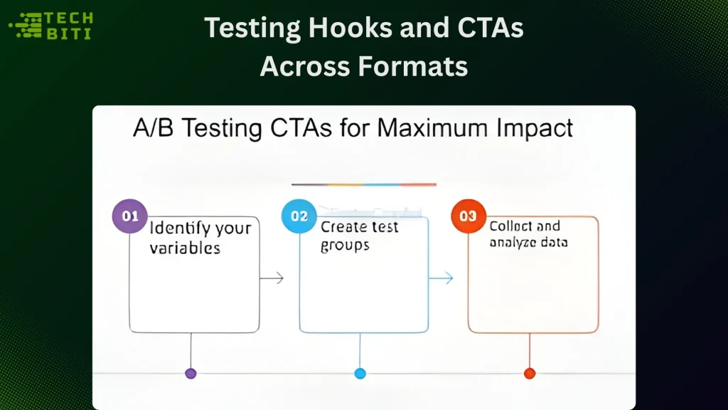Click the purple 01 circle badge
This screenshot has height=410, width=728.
click(130, 217)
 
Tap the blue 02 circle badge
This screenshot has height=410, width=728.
click(299, 216)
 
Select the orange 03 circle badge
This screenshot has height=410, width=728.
click(469, 216)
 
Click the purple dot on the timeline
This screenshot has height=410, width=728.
click(191, 373)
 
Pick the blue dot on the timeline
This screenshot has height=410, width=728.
click(360, 373)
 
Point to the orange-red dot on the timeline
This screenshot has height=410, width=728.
click(529, 373)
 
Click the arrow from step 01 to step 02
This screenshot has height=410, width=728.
click(272, 278)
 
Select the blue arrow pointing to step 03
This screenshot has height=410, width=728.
click(441, 278)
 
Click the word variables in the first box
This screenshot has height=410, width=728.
click(185, 248)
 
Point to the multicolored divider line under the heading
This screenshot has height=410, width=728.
click(364, 184)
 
